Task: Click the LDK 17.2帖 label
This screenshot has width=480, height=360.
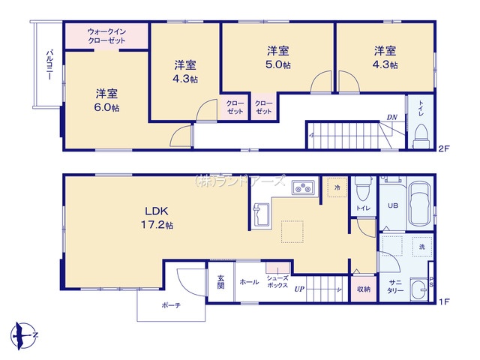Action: (157, 217)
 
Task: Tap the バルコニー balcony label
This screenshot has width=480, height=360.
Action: (49, 65)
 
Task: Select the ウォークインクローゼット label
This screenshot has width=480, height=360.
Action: (106, 36)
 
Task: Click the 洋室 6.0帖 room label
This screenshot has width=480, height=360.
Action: (106, 100)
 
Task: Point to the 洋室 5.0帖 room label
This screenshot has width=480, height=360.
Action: (278, 58)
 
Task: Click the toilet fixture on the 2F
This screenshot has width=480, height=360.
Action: (421, 136)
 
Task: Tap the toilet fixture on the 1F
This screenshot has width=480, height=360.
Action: (363, 189)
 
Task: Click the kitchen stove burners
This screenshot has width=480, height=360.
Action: (303, 187)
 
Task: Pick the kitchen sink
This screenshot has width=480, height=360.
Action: (261, 214)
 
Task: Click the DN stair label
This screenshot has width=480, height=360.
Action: (391, 117)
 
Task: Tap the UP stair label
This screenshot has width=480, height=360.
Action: (299, 289)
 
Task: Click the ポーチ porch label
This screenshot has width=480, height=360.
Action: (171, 305)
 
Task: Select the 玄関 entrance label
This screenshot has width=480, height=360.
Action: (220, 282)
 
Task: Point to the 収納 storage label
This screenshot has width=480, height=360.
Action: (364, 289)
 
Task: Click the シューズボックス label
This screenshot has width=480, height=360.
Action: (277, 282)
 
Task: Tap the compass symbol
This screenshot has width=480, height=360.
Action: (23, 335)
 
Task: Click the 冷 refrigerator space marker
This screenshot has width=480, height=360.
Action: (337, 187)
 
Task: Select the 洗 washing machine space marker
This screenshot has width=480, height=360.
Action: (422, 247)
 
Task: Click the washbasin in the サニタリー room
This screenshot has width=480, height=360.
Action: (418, 289)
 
